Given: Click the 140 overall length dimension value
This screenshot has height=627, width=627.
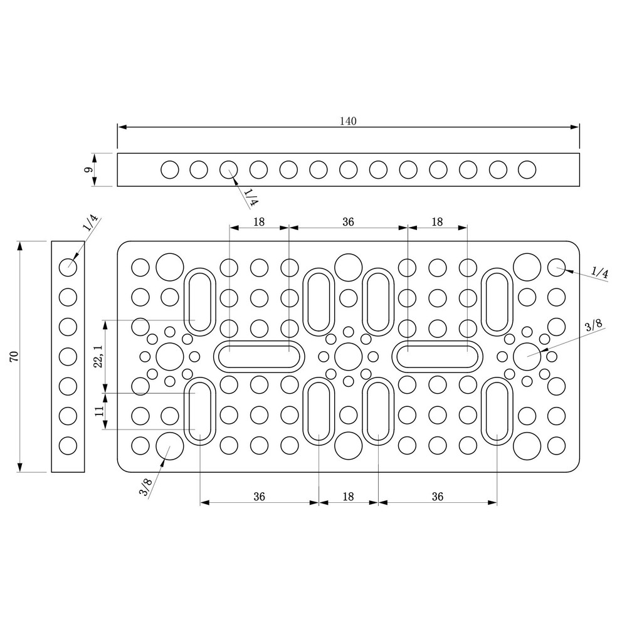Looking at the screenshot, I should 349,121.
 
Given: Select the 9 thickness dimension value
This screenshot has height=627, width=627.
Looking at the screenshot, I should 88,169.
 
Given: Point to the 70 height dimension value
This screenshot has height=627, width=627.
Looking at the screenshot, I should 14,357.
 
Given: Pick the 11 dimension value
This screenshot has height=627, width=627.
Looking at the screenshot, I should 98,411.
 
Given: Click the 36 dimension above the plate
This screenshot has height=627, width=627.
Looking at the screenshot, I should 349,221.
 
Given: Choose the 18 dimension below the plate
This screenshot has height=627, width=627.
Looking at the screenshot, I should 349,497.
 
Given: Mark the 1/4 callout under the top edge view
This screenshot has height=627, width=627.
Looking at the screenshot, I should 251,198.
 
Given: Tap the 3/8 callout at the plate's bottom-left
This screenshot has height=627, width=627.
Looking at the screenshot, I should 145,487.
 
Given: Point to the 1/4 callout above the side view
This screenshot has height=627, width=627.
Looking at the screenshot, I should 90,224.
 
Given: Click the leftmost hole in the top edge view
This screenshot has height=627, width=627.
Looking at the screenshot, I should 169,169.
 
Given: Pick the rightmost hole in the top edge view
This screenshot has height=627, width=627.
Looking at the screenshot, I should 527,169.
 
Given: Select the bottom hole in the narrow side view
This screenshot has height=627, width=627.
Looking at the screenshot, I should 68,445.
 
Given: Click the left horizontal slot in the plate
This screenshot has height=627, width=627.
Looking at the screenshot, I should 259,356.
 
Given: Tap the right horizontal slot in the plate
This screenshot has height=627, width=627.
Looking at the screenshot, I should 438,356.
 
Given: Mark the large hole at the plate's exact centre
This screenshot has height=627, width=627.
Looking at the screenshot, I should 348,356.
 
